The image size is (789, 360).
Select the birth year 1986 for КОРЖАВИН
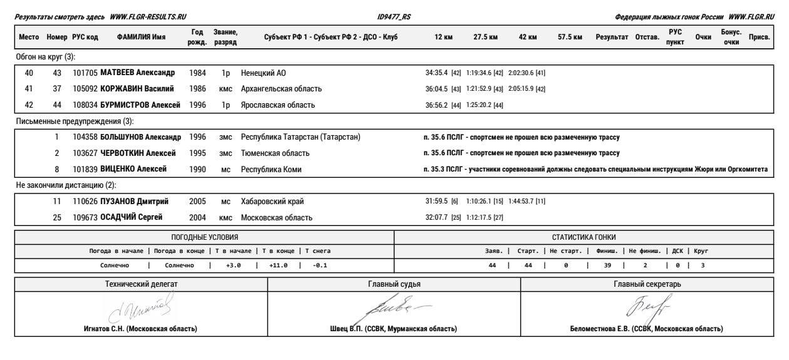[x=197, y=89]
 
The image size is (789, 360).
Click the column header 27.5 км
[x=486, y=38]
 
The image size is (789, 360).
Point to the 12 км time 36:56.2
[x=437, y=105]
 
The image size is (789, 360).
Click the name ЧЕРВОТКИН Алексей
[x=138, y=153]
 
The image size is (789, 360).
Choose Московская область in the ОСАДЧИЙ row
[x=277, y=218]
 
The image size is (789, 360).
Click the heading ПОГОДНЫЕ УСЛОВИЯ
[x=205, y=237]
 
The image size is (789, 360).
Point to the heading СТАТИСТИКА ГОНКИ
[x=583, y=237]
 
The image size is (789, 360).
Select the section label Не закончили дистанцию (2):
[x=66, y=185]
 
